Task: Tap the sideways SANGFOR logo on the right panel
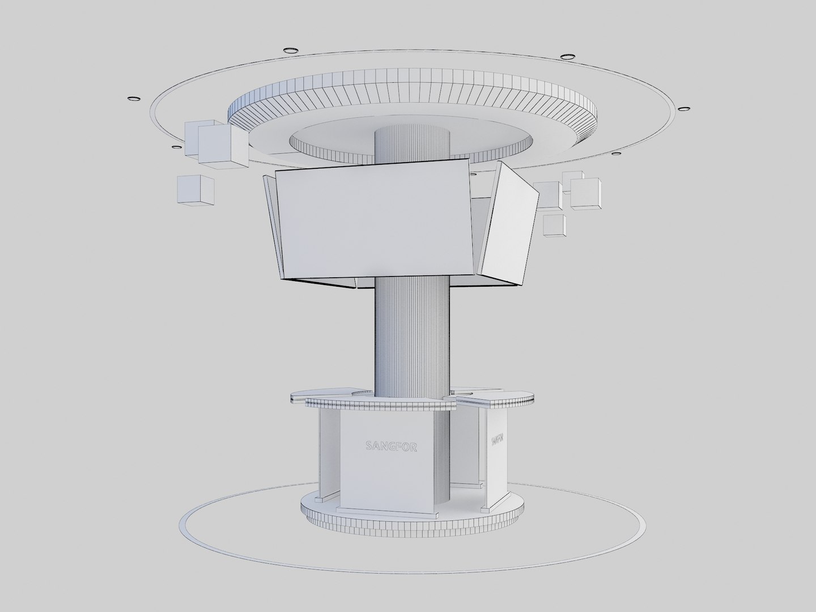[496, 441]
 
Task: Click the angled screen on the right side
[508, 224]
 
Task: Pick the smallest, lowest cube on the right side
[554, 225]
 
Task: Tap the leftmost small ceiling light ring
[134, 100]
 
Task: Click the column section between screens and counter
[412, 334]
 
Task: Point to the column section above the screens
[412, 144]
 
